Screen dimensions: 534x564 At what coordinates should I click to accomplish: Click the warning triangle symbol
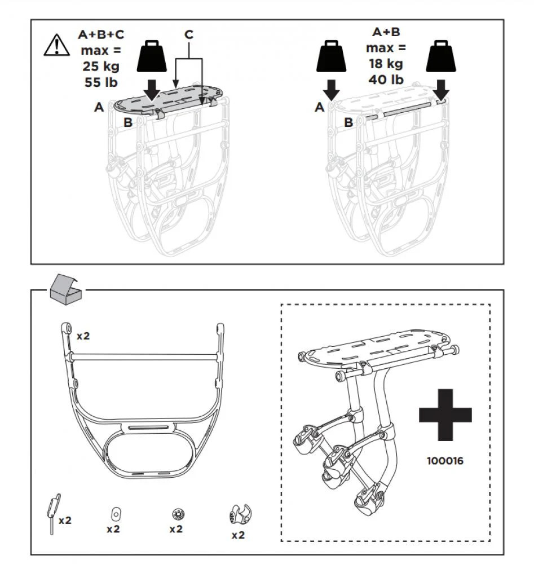[x=57, y=45]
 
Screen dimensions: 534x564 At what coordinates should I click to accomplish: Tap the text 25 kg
[x=101, y=66]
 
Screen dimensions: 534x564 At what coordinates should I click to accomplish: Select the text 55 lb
[x=101, y=82]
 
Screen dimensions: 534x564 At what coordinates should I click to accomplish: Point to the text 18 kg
[x=386, y=64]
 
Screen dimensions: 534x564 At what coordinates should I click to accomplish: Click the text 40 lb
[x=386, y=80]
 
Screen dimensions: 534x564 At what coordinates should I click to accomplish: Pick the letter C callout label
[x=189, y=34]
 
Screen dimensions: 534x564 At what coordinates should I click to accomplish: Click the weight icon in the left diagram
[x=152, y=56]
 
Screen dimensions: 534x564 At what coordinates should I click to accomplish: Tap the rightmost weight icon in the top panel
[x=441, y=56]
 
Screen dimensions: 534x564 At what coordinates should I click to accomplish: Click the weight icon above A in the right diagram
[x=331, y=56]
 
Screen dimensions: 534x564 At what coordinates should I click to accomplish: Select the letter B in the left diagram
[x=128, y=122]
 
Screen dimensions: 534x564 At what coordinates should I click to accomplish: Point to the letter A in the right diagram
[x=319, y=107]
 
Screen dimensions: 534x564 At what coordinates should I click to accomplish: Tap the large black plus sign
[x=445, y=415]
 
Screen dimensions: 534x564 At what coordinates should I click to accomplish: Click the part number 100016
[x=445, y=461]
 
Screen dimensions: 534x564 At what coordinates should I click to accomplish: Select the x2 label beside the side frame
[x=83, y=336]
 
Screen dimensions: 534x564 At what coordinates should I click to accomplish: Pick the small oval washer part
[x=116, y=514]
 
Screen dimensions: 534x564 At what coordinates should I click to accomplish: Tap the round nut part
[x=176, y=515]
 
